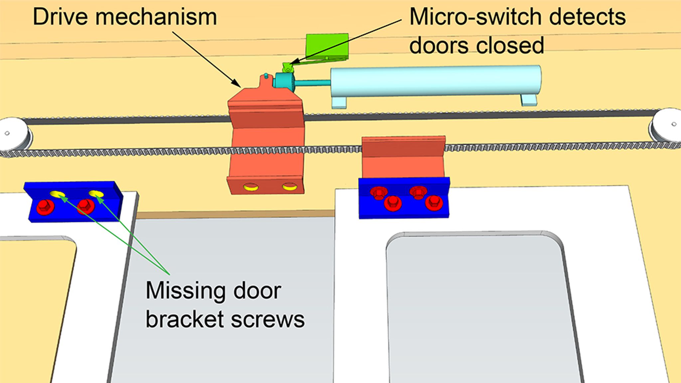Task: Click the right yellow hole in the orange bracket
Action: [289, 187]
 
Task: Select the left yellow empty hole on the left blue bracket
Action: [57, 194]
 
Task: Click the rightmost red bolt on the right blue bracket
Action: [434, 202]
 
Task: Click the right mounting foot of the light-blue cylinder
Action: [529, 100]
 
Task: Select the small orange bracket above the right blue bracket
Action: [403, 156]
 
